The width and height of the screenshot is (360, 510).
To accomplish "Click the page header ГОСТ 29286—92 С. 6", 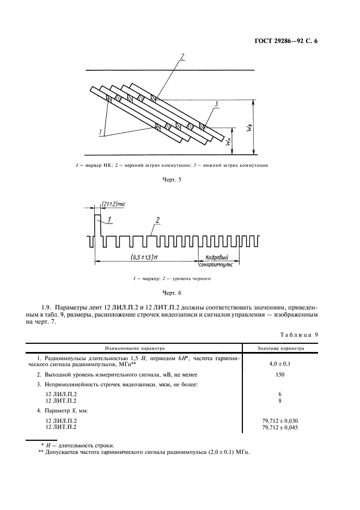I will point(286,40).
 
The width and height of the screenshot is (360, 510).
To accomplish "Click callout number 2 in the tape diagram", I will point(182,56).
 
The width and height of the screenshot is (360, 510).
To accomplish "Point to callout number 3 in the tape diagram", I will point(216,104).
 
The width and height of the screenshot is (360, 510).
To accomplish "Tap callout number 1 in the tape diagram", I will point(100,132).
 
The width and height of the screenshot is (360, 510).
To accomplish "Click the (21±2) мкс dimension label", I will point(113,204).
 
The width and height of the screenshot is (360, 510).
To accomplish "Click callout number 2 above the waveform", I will point(157,220).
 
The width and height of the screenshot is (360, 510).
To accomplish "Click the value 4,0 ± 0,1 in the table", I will point(280,362).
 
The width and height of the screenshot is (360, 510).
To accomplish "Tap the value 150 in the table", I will point(280,374).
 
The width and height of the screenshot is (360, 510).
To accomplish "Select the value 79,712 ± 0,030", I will point(280,421).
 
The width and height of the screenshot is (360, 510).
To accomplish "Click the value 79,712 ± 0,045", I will point(280,428).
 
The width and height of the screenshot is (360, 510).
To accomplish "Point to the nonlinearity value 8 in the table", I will point(280,400).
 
